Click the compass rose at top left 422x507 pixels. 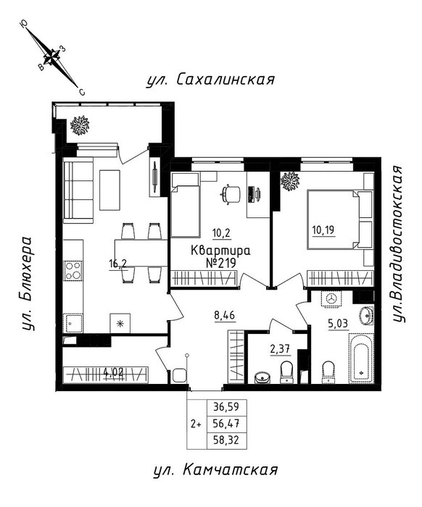(x=52, y=57)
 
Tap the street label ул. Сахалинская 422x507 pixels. (x=210, y=79)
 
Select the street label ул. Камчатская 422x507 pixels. (x=215, y=470)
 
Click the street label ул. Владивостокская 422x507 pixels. (x=398, y=244)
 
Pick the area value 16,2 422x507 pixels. (x=118, y=264)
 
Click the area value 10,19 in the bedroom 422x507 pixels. (x=323, y=230)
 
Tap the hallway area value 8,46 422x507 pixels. (x=224, y=315)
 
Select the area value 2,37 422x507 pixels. (x=280, y=349)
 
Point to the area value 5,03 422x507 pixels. (x=338, y=324)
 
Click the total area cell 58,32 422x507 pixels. (x=226, y=440)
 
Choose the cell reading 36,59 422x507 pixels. (x=226, y=406)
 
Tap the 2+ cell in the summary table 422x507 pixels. (x=196, y=424)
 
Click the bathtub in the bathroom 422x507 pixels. (x=361, y=359)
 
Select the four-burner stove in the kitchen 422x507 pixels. (x=73, y=270)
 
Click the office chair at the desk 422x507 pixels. (x=230, y=194)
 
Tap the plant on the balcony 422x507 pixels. (x=80, y=125)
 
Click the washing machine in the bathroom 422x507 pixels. (x=331, y=298)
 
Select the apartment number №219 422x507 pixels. (x=220, y=263)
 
